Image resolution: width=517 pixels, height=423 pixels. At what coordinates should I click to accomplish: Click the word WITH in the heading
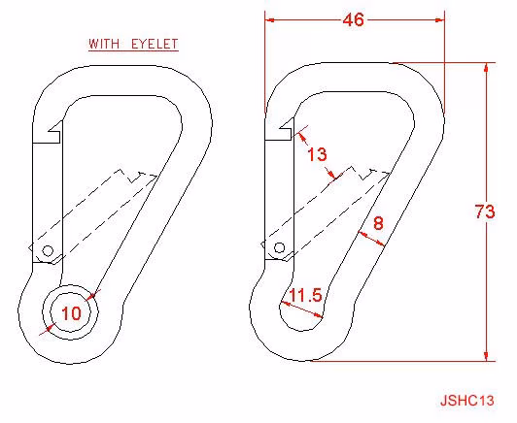(x=104, y=44)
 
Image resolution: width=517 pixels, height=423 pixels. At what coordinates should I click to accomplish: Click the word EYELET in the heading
(x=155, y=44)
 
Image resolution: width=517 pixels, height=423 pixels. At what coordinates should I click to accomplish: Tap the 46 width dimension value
(x=353, y=19)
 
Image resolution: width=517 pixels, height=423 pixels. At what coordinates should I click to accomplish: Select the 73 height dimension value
(x=485, y=211)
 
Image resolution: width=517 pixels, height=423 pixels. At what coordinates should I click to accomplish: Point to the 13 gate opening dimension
(x=317, y=154)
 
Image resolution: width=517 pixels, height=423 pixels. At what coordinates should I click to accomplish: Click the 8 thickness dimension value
(x=378, y=223)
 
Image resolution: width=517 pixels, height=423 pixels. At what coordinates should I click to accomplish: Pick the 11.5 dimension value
(x=305, y=295)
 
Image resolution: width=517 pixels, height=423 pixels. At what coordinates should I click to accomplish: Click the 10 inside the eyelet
(x=71, y=313)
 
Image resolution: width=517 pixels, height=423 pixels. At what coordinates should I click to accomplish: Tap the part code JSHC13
(x=467, y=401)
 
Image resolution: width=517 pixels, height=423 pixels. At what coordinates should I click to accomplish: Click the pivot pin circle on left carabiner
(x=48, y=251)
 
